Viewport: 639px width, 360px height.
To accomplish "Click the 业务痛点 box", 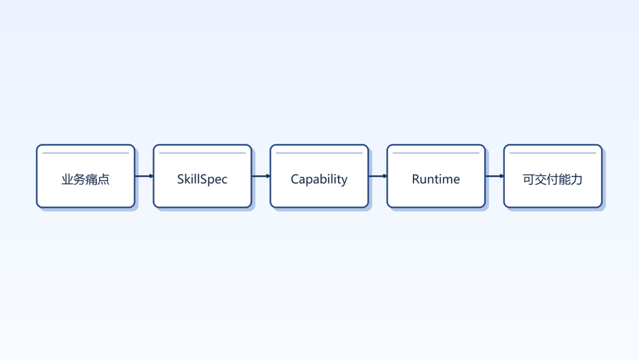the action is (x=86, y=176).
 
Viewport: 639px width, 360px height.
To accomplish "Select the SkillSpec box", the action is (x=202, y=176).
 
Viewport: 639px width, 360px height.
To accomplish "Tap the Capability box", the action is (x=319, y=176).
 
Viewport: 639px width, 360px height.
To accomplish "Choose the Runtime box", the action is (x=436, y=176).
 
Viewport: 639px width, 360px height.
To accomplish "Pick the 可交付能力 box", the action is (x=553, y=176).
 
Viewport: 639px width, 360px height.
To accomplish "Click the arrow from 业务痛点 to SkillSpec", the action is (x=144, y=176).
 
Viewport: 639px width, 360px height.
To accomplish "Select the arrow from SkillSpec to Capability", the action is (x=261, y=176).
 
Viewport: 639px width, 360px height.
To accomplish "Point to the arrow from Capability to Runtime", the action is (x=377, y=176).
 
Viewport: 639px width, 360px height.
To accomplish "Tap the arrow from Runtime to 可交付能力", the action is (x=495, y=176).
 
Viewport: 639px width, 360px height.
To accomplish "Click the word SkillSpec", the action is (x=202, y=179).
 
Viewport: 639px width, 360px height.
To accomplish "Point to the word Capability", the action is (x=319, y=179).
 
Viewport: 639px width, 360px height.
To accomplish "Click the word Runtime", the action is (x=436, y=179).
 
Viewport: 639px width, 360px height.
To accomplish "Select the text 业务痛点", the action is (x=86, y=179).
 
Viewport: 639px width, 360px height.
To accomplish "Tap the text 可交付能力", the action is (x=553, y=179).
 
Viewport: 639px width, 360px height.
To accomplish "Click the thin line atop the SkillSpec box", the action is (x=202, y=153).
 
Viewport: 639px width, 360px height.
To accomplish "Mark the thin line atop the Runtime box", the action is (x=436, y=153).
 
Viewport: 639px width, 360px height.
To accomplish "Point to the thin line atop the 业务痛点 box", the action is (x=86, y=153).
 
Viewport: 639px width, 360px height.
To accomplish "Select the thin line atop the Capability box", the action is (x=319, y=153).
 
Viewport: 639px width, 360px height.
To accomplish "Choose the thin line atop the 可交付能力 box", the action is (x=553, y=153).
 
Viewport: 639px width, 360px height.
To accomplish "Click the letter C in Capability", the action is (x=295, y=179).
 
